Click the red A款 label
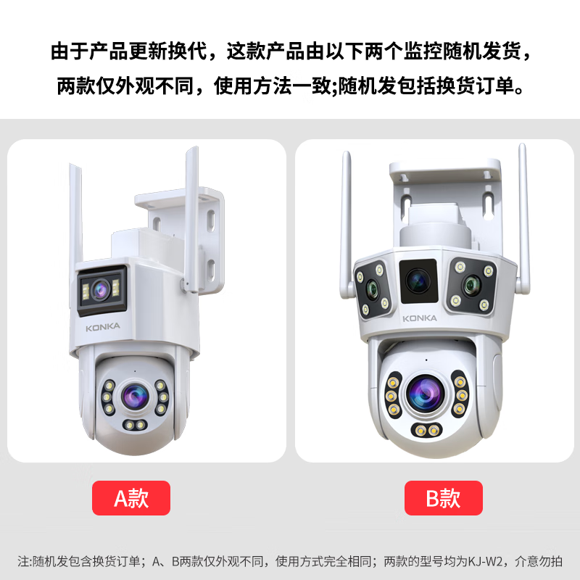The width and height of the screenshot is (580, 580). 131,499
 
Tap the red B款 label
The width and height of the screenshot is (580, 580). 443,499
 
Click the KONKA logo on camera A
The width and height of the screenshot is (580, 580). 103,327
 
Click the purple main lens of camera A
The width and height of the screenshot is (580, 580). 133,395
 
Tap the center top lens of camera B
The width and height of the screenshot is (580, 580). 418,279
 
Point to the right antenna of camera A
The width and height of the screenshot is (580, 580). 192,217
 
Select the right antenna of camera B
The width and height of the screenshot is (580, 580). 523,217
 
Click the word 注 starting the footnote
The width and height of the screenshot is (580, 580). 22,561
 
